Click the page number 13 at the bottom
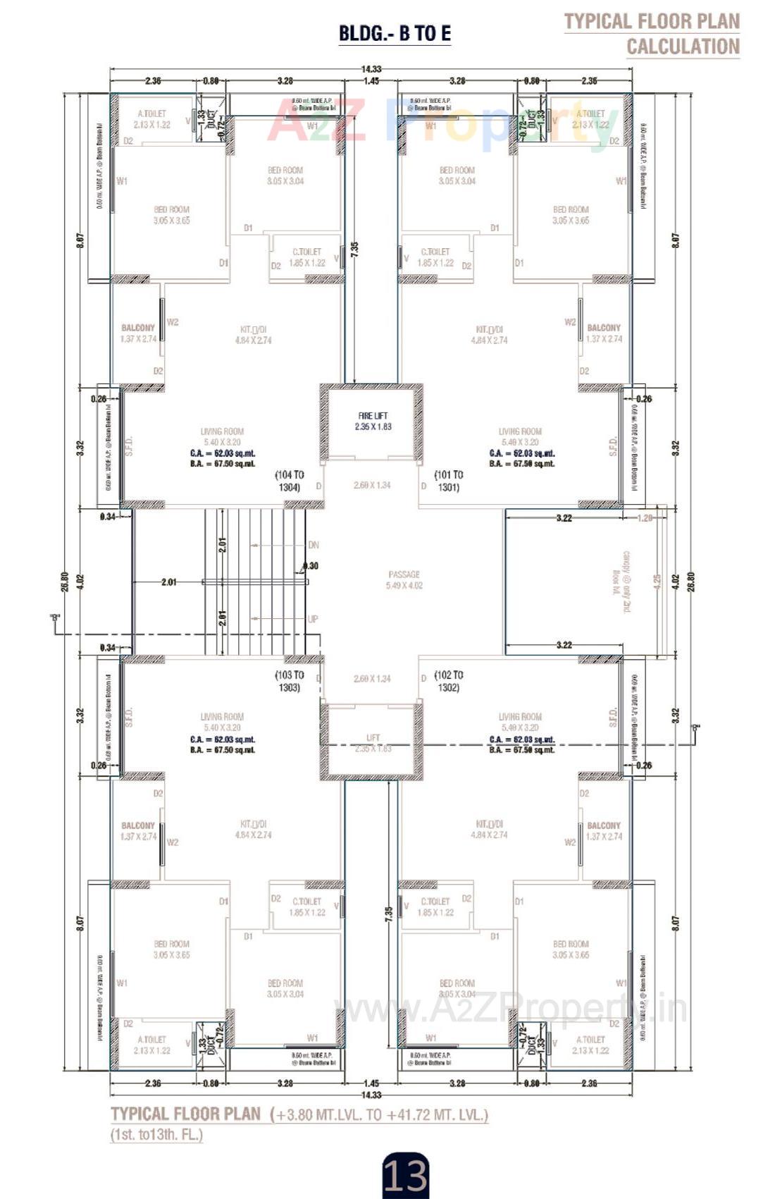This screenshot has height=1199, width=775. pos(405,1175)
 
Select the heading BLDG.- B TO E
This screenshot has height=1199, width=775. pos(395,33)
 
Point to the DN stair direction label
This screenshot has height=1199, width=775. pos(314,545)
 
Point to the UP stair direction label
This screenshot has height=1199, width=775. pos(313,619)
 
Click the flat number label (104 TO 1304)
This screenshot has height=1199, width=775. pos(290,481)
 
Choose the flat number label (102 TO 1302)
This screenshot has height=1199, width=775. pos(449,681)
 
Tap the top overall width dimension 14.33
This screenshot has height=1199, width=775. pos(371,69)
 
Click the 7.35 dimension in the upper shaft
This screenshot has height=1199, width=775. pos(354,249)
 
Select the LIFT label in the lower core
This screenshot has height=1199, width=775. pos(373,738)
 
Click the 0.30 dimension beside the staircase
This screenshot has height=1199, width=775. pos(311,566)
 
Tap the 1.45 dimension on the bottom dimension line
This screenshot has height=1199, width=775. pos(371,1083)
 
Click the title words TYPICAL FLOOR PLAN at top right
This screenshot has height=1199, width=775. pos(652,21)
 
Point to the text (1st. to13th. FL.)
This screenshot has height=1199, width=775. pos(156,1135)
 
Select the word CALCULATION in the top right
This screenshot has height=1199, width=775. pos(683,47)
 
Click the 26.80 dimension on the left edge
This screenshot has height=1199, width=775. pos(64,582)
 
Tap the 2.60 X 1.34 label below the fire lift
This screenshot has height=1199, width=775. pos(372,485)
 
